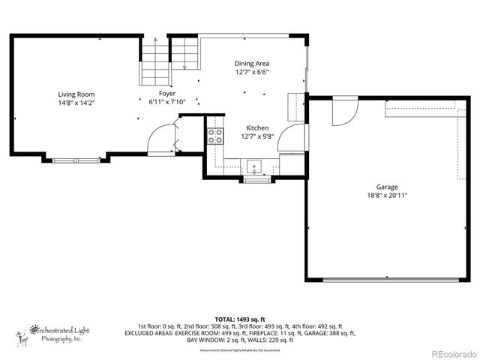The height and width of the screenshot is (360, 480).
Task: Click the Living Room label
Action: pos(76,94)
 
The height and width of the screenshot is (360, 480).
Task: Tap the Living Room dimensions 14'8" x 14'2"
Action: pos(76,103)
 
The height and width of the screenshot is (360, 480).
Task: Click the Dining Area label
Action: pos(252,64)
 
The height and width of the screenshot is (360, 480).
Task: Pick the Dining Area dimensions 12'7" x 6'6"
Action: pos(252,73)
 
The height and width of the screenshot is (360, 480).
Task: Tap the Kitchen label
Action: pos(257,128)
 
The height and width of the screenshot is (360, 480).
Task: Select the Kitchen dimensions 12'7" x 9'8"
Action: pos(257,136)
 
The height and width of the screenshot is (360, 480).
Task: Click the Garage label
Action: pos(387,187)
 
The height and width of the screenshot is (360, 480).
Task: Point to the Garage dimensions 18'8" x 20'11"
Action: pos(387,195)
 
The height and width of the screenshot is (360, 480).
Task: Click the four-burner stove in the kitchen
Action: pos(214,136)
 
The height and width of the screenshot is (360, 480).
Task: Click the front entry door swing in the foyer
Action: pos(162,139)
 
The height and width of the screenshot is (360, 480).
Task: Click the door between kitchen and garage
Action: pos(297,138)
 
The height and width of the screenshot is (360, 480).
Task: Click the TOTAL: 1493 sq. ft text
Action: pos(240,318)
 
